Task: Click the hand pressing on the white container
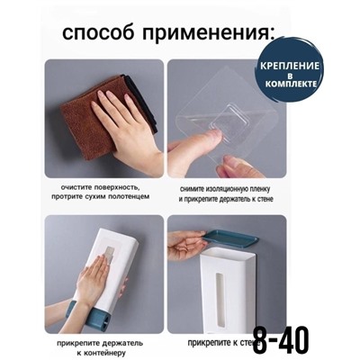tap(94, 286)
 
